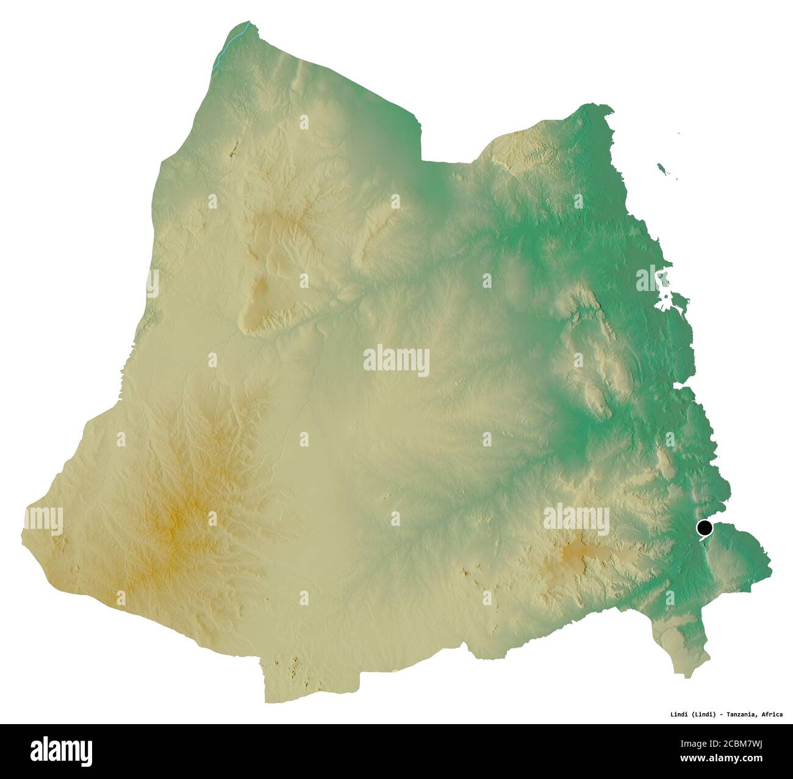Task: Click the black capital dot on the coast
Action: (x=705, y=528)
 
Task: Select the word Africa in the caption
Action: (x=772, y=714)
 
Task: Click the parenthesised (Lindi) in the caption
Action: (x=702, y=714)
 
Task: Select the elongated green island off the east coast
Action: (x=662, y=168)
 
